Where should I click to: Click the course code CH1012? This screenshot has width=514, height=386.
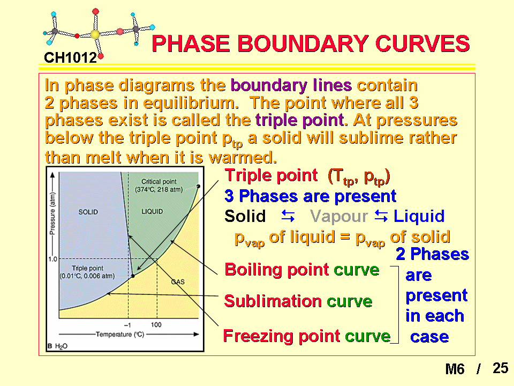click(70, 58)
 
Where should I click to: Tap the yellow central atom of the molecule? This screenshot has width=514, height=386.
click(95, 34)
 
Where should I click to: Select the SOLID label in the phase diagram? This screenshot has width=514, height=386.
click(88, 212)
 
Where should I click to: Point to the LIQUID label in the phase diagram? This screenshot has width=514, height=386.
click(152, 212)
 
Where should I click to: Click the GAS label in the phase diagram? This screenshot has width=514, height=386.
click(178, 281)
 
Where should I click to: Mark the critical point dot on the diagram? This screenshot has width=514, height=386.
click(198, 186)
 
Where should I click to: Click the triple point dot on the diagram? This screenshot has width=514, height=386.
click(133, 276)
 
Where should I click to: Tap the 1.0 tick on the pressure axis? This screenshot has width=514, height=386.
click(52, 259)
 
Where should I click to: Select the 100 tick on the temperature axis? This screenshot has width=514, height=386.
click(156, 325)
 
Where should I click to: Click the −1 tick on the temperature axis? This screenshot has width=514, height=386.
click(127, 325)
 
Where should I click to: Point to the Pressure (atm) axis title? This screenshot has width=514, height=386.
click(52, 214)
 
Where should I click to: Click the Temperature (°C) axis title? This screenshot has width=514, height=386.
click(120, 335)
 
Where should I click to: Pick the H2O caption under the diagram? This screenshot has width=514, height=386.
click(61, 346)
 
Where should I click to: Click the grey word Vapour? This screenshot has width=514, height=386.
click(339, 216)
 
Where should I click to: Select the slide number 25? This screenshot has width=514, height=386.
click(500, 368)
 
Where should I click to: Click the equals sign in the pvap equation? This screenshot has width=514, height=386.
click(345, 237)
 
